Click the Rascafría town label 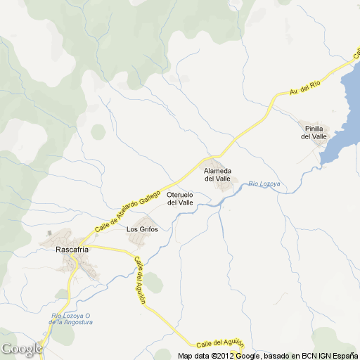(74, 248)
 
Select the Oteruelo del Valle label (180, 198)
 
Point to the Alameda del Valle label (217, 174)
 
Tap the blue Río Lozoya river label (264, 184)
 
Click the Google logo (21, 349)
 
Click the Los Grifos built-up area (140, 240)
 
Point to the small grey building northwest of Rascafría (49, 232)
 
